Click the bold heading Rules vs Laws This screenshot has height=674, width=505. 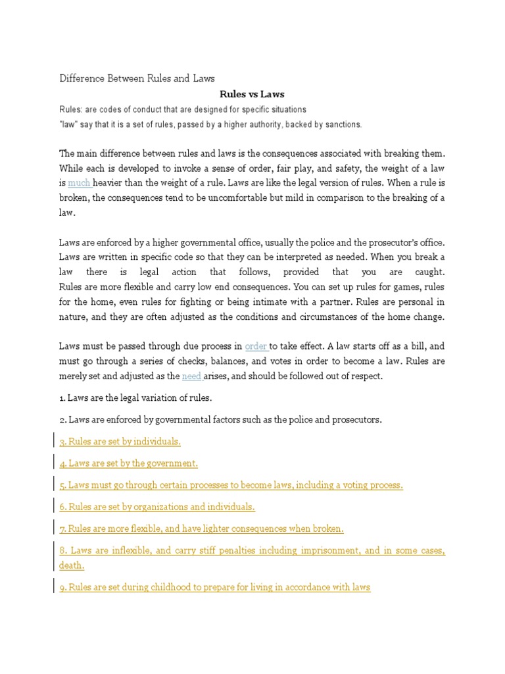click(252, 94)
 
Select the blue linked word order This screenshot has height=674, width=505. click(256, 346)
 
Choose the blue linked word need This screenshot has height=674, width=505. click(191, 376)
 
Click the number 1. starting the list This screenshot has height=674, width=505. click(63, 398)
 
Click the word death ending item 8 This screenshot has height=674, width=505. click(72, 565)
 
